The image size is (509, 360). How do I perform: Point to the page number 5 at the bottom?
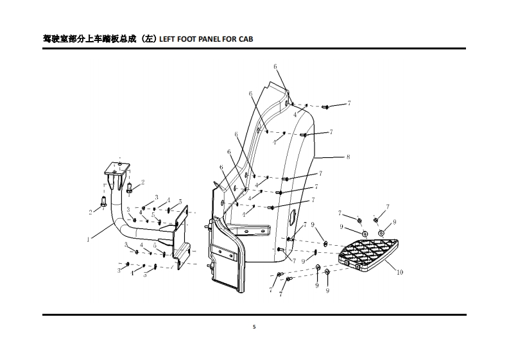coord(254,327)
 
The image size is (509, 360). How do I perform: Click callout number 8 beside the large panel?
coord(348,157)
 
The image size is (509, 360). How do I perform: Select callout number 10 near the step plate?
coord(399,272)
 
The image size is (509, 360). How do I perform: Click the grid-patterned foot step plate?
coord(369,253)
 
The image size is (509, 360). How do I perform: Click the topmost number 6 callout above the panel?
coord(275,67)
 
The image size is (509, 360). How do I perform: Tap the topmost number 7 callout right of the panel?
coord(349,103)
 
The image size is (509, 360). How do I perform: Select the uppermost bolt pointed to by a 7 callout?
coord(325,107)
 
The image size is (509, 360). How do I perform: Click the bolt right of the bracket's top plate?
coord(130,188)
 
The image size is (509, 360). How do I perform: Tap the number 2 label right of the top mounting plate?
coord(142,183)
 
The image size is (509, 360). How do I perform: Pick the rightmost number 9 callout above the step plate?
coord(394,222)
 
